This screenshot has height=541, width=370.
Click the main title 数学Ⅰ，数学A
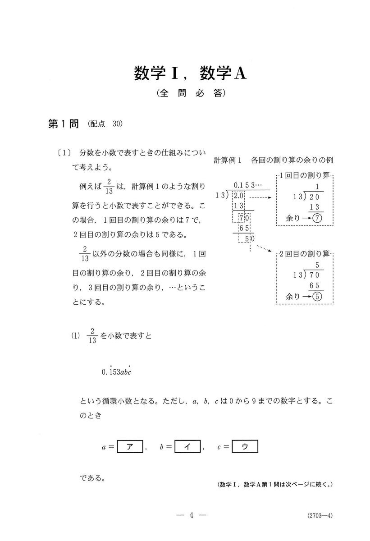(x=190, y=74)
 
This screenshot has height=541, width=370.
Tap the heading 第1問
(x=64, y=124)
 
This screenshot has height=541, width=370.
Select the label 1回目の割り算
(x=306, y=175)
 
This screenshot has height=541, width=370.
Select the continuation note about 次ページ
(x=274, y=485)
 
